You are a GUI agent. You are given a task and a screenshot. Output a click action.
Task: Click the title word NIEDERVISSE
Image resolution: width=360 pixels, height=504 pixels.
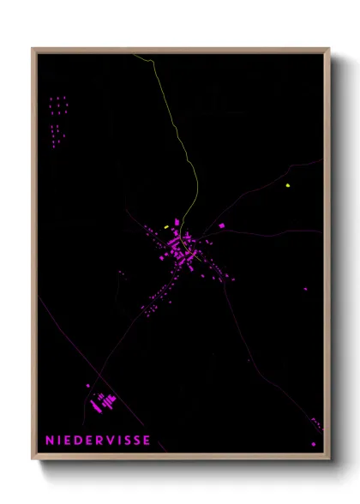pyautogui.click(x=99, y=441)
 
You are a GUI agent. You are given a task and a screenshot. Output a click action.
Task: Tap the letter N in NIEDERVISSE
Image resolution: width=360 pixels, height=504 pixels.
pyautogui.click(x=50, y=441)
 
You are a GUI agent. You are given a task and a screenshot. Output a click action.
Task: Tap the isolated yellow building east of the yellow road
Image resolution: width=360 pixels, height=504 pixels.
pyautogui.click(x=288, y=183)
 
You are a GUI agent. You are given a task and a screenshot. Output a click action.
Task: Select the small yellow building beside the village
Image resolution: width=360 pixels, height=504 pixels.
pyautogui.click(x=166, y=226)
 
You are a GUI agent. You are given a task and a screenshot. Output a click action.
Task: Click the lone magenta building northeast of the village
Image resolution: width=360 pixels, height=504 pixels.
pyautogui.click(x=221, y=225)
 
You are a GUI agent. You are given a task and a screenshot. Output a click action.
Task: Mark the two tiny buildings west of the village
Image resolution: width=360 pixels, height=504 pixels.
pyautogui.click(x=121, y=273)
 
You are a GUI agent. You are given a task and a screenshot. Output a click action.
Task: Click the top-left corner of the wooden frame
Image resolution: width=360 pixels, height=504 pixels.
pyautogui.click(x=33, y=49)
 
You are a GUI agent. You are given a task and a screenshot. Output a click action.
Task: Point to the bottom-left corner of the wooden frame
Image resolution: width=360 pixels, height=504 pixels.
pyautogui.click(x=33, y=459)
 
